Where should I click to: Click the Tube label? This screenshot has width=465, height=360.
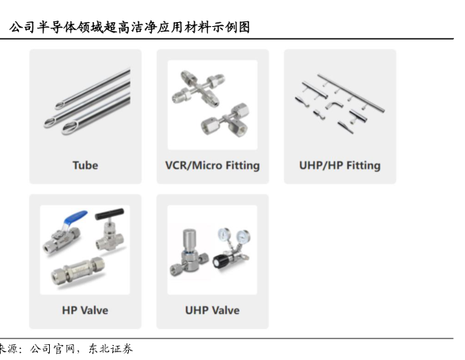click(85, 165)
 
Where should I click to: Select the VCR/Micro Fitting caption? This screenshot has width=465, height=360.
click(212, 165)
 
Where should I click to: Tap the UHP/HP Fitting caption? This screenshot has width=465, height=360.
click(340, 165)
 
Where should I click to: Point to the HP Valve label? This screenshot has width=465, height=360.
click(85, 310)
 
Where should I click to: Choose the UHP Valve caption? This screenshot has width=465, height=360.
click(212, 310)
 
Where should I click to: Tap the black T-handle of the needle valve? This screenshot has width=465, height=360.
click(109, 214)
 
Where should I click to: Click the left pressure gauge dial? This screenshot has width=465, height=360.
click(225, 234)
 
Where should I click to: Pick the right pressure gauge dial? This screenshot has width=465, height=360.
click(244, 237)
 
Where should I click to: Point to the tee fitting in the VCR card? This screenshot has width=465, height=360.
click(225, 120)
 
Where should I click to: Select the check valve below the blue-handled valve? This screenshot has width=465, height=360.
click(77, 271)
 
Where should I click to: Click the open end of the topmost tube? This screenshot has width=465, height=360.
click(60, 105)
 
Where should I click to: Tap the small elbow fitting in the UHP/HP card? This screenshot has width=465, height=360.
click(335, 105)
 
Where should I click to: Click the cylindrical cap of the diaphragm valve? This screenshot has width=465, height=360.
click(189, 239)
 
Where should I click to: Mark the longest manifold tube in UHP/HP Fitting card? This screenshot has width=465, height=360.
click(351, 93)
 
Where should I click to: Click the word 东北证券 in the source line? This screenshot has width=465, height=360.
click(111, 349)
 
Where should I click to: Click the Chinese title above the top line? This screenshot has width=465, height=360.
click(130, 28)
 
